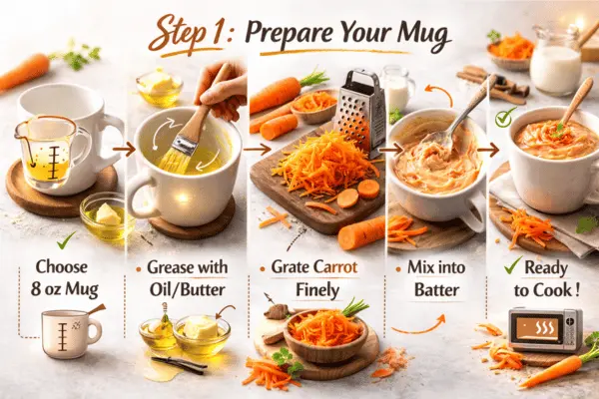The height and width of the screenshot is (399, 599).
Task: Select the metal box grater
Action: coord(362,109)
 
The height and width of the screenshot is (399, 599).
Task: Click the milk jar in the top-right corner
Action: coord(556,64)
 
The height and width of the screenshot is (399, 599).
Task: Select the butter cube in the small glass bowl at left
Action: coord(106,212)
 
